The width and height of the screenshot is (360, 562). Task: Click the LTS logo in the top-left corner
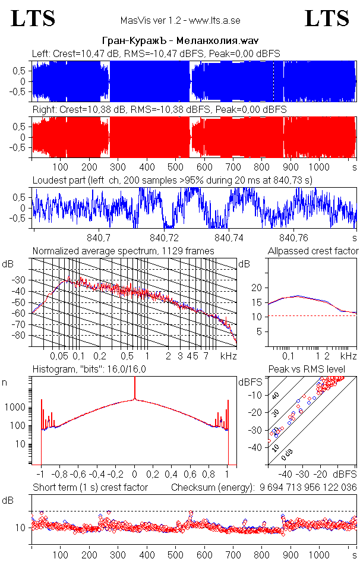tap(33, 18)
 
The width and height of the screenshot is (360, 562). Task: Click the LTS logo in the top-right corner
tap(327, 18)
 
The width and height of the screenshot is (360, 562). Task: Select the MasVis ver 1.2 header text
tap(179, 20)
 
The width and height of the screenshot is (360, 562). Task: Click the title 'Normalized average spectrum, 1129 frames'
tap(123, 251)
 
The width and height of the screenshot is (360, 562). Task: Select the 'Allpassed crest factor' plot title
tap(312, 251)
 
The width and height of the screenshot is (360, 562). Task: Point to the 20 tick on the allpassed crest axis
tap(257, 288)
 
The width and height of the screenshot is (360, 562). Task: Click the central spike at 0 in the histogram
tap(135, 392)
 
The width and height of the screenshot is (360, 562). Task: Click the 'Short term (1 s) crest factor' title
tap(90, 488)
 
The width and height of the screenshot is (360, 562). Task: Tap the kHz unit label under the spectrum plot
tap(228, 356)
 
